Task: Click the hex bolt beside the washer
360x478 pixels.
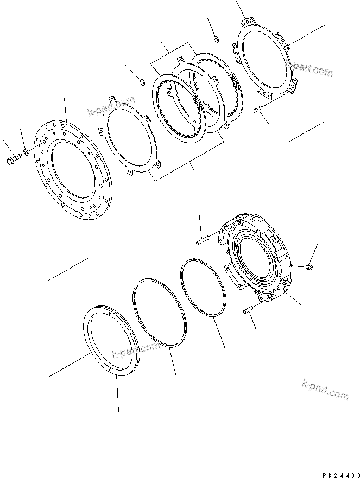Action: click(x=14, y=160)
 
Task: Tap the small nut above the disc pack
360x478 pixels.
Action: click(x=216, y=38)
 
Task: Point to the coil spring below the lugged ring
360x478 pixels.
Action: click(x=258, y=110)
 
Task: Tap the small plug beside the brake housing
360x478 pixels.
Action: click(x=308, y=266)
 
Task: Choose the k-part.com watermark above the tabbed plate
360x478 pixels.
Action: click(x=111, y=107)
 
